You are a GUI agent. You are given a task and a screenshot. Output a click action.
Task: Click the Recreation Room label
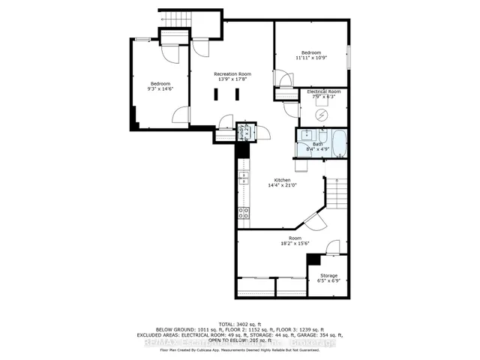232,74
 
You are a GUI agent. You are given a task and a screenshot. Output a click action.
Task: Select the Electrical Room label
323,91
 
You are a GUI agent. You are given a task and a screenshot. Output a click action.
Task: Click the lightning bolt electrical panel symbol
322,115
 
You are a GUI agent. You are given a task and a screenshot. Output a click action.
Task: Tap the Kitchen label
282,180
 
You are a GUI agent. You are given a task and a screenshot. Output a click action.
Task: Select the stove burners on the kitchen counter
244,212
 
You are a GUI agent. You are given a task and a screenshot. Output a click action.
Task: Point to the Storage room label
328,276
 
